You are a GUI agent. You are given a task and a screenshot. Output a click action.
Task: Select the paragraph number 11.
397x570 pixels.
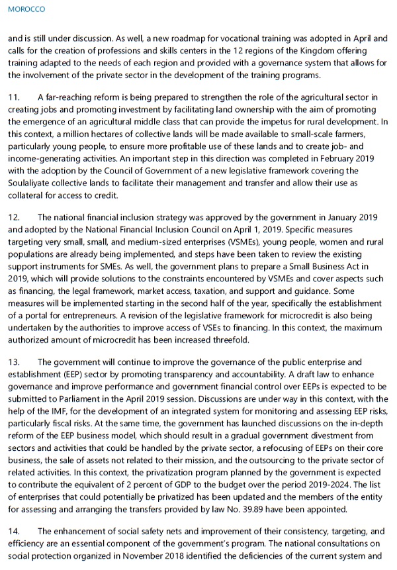14,98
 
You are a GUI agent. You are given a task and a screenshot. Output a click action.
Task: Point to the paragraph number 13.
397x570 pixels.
14,362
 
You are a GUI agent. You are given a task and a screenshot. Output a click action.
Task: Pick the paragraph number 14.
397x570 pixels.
14,532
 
